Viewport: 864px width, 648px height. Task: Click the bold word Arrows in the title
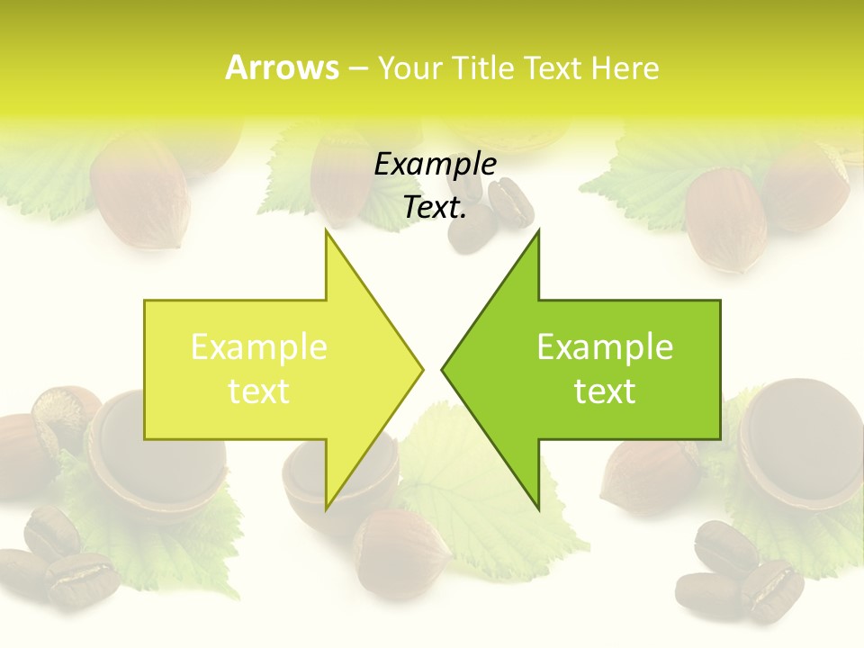point(282,67)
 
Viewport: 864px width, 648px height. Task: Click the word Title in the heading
point(481,67)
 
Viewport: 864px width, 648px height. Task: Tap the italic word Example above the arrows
point(435,165)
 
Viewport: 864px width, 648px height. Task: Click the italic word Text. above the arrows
point(435,208)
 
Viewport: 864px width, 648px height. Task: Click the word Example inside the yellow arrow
point(259,347)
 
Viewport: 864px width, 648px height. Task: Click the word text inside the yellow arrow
point(259,391)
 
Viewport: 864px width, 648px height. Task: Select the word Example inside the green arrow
point(605,347)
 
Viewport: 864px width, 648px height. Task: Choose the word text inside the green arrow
point(605,391)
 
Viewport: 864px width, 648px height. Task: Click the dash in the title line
point(357,68)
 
